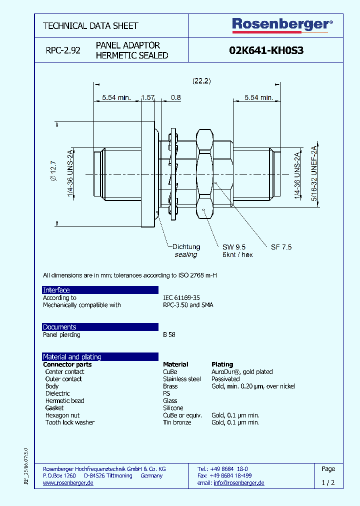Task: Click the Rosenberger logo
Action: click(x=282, y=24)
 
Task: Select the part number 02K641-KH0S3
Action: click(x=266, y=50)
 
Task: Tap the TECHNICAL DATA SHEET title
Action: click(x=90, y=25)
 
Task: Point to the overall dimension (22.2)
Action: click(x=201, y=80)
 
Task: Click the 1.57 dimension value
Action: click(x=147, y=97)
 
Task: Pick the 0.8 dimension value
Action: click(x=175, y=97)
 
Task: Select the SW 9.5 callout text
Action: click(x=234, y=247)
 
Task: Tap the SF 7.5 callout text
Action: click(x=281, y=247)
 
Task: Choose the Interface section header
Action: click(x=56, y=290)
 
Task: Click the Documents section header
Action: click(x=59, y=327)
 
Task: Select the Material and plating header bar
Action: click(x=72, y=357)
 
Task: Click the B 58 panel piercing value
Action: click(x=169, y=335)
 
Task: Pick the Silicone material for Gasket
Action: click(x=173, y=408)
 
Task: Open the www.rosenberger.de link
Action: click(x=68, y=483)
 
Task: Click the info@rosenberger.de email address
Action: click(x=239, y=483)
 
